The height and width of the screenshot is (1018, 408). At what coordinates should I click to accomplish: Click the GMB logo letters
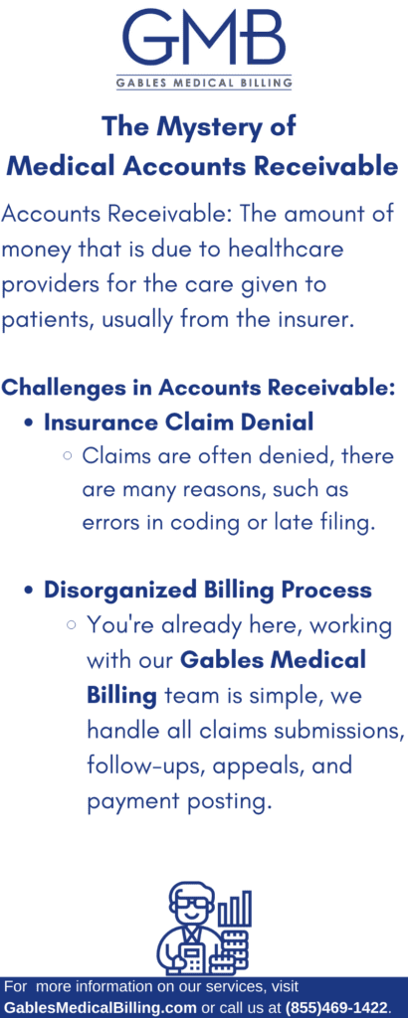[x=204, y=37]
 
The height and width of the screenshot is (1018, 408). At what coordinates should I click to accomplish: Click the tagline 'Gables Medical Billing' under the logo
[x=204, y=83]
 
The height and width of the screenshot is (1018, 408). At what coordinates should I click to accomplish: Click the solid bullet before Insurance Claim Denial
[x=28, y=424]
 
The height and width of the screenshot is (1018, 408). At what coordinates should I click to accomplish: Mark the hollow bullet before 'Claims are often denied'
[x=67, y=457]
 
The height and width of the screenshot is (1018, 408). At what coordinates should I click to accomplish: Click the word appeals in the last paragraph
[x=256, y=766]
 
